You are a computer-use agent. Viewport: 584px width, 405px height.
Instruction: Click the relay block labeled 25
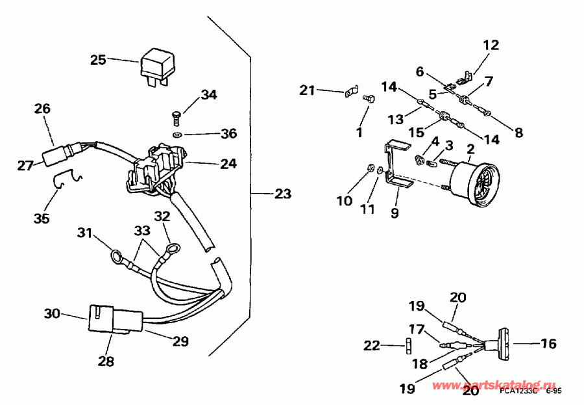point(157,64)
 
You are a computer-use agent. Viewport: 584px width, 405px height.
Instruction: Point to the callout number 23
point(282,194)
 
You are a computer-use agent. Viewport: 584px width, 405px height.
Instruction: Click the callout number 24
point(228,164)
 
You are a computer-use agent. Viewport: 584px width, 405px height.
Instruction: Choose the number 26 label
point(42,109)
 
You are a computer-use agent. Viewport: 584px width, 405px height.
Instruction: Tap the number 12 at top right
point(491,45)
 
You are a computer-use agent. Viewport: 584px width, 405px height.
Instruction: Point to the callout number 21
point(308,90)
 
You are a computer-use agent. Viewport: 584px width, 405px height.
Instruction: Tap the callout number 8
point(518,133)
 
